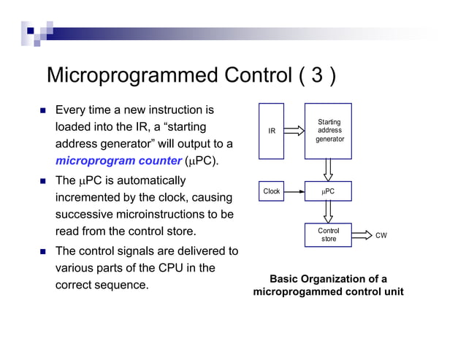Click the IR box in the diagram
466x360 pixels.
tap(272, 131)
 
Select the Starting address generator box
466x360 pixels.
tap(329, 131)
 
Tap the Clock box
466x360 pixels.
tap(272, 191)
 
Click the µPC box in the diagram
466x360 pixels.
tap(329, 191)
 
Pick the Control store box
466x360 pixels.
tap(329, 235)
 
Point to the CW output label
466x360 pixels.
tap(381, 236)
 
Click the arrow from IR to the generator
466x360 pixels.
tap(293, 131)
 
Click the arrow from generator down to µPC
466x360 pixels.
tap(329, 169)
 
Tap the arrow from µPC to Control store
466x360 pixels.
tap(329, 212)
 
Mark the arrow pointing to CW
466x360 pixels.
tap(361, 235)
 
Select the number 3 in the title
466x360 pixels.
tap(313, 76)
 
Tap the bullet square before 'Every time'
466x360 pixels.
tap(42, 111)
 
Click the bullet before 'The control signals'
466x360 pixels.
tap(42, 252)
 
